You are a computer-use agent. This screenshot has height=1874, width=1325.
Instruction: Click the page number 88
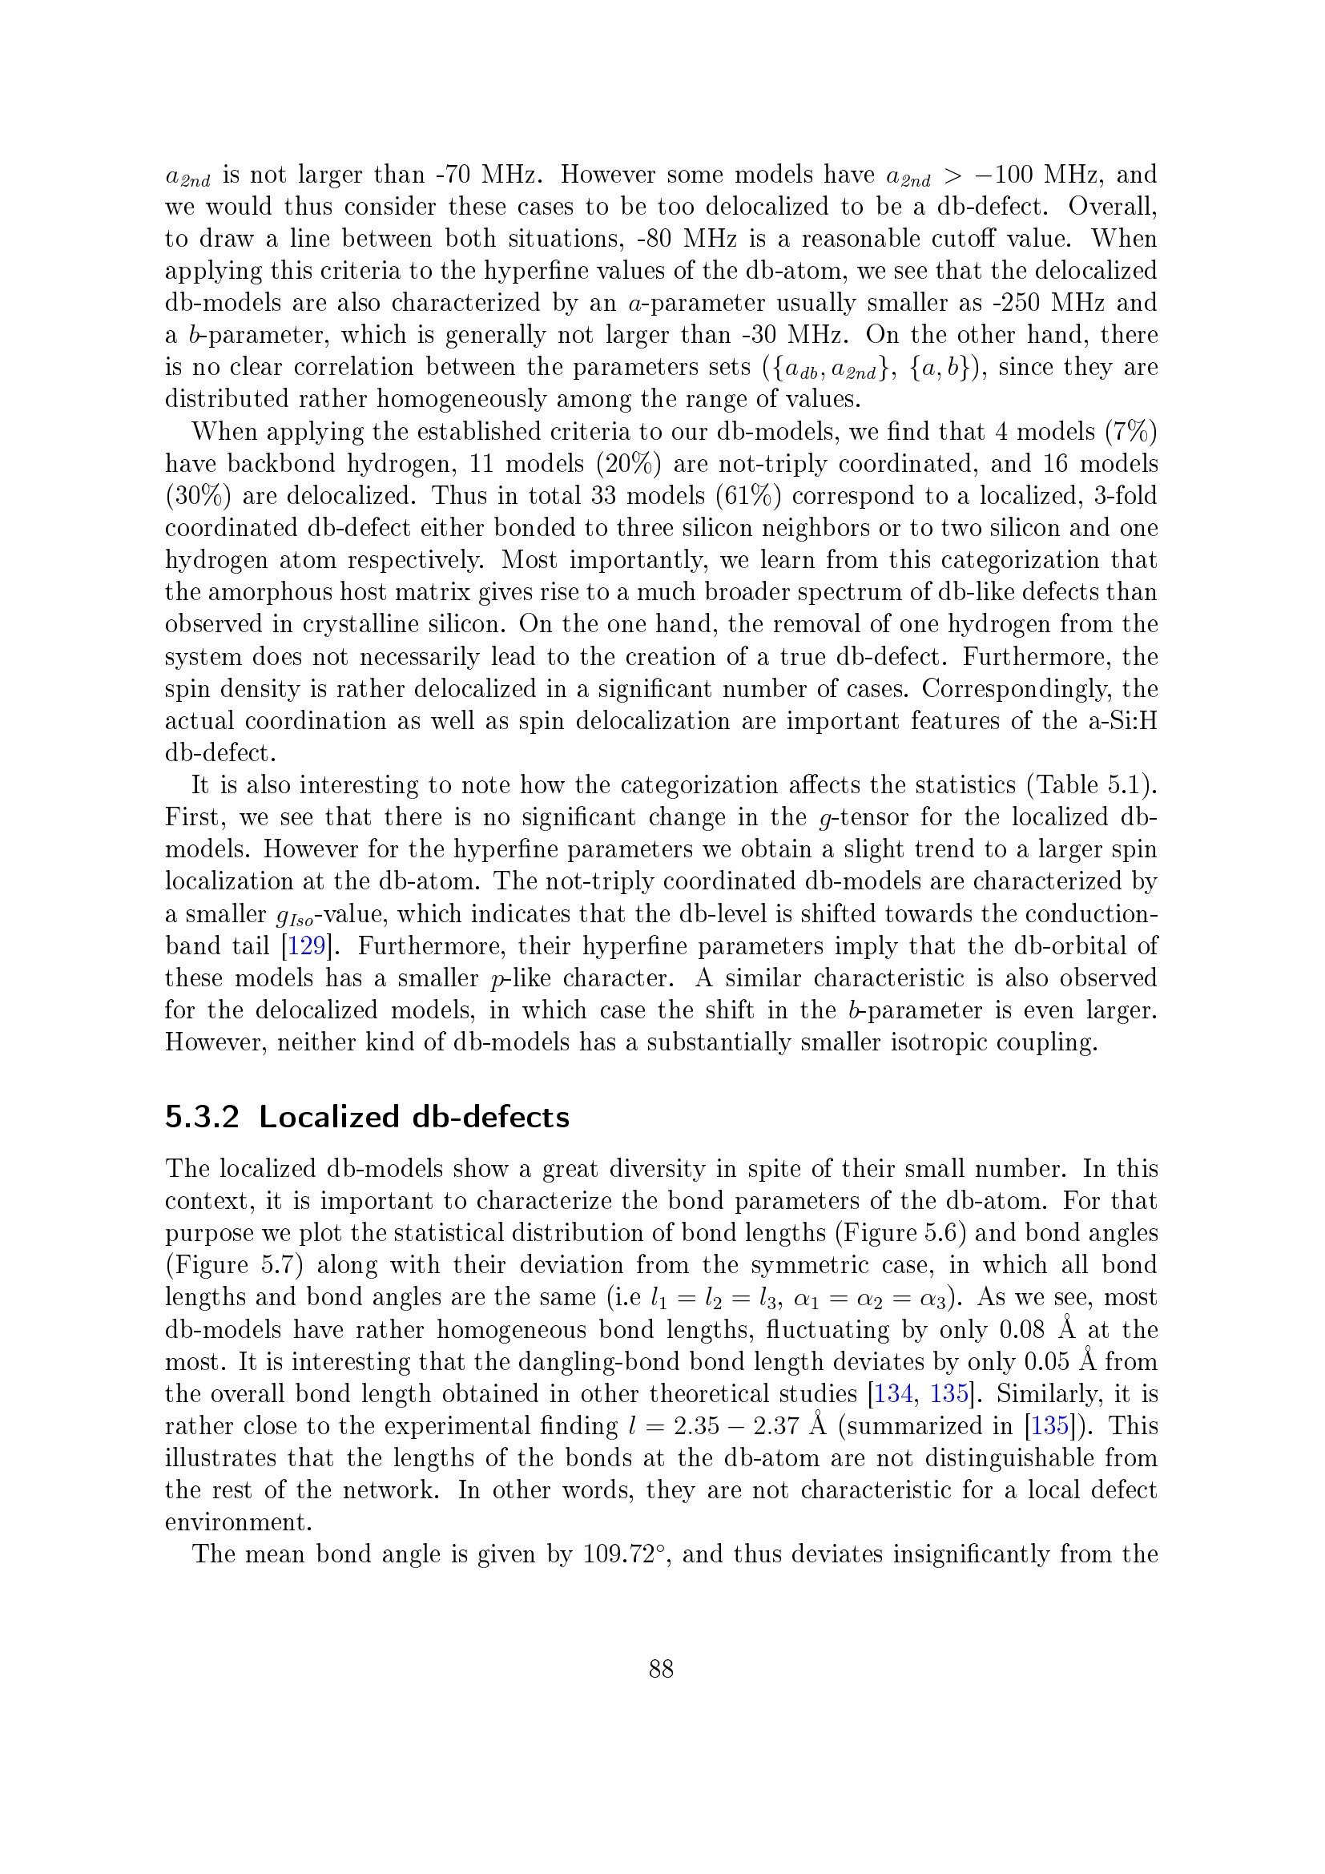[x=661, y=1669]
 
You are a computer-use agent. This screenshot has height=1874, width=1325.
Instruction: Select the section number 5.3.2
[x=202, y=1117]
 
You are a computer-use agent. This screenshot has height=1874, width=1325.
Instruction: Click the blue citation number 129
[x=306, y=946]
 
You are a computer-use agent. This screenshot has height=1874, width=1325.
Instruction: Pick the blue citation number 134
[x=892, y=1393]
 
